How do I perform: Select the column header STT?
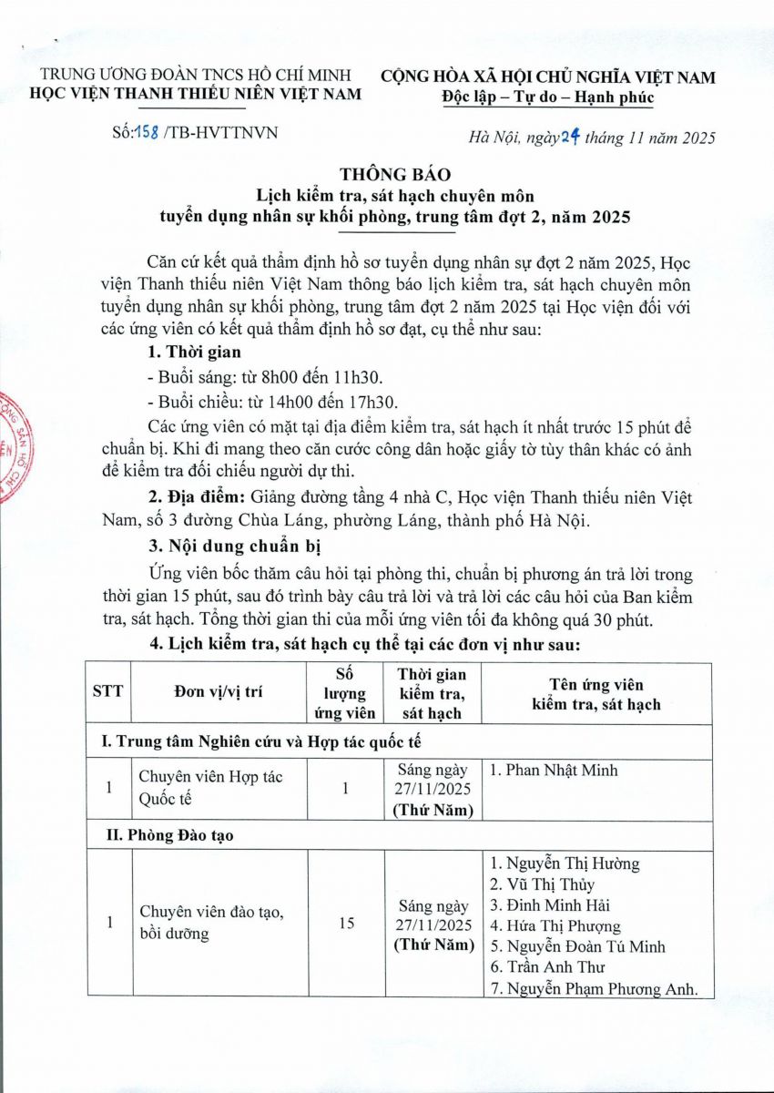pyautogui.click(x=109, y=691)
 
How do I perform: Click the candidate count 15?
pyautogui.click(x=346, y=924)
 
